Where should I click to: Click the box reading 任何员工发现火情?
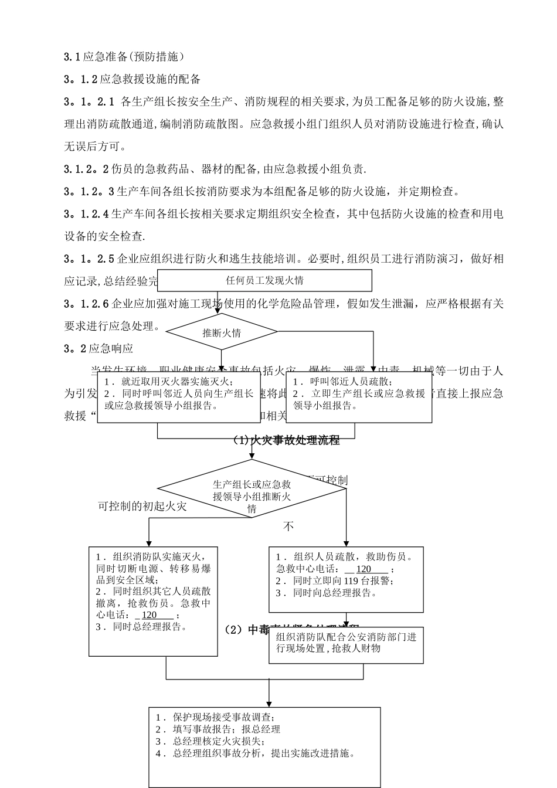coord(264,281)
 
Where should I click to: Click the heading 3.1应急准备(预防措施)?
coord(124,57)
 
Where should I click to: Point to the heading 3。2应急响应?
coord(99,349)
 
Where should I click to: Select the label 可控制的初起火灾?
coord(142,506)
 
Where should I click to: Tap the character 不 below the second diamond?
coord(288,527)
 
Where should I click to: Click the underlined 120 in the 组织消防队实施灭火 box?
coord(150,615)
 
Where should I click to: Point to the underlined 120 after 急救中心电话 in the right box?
coord(364,569)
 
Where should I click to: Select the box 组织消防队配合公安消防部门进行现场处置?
coord(346,643)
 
